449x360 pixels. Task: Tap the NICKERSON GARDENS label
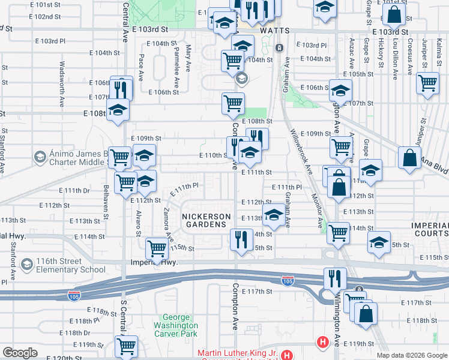(204, 220)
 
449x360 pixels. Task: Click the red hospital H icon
(323, 342)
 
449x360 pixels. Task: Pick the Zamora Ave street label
(166, 221)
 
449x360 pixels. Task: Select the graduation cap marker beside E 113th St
(274, 215)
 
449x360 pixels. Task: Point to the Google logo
(20, 353)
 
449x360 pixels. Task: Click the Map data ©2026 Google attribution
(412, 355)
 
